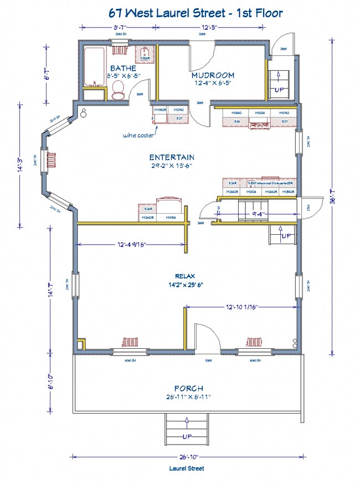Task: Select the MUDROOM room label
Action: click(x=213, y=75)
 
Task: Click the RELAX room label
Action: click(x=186, y=276)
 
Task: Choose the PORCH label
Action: click(x=188, y=389)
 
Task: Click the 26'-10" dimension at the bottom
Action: click(x=187, y=457)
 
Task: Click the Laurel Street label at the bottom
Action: click(x=187, y=468)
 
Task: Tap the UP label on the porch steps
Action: click(x=187, y=437)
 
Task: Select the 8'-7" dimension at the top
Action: click(x=119, y=27)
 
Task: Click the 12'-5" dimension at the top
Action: click(x=209, y=27)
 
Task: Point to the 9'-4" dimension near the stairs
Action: click(x=259, y=213)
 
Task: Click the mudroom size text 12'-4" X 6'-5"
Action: click(x=212, y=83)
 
